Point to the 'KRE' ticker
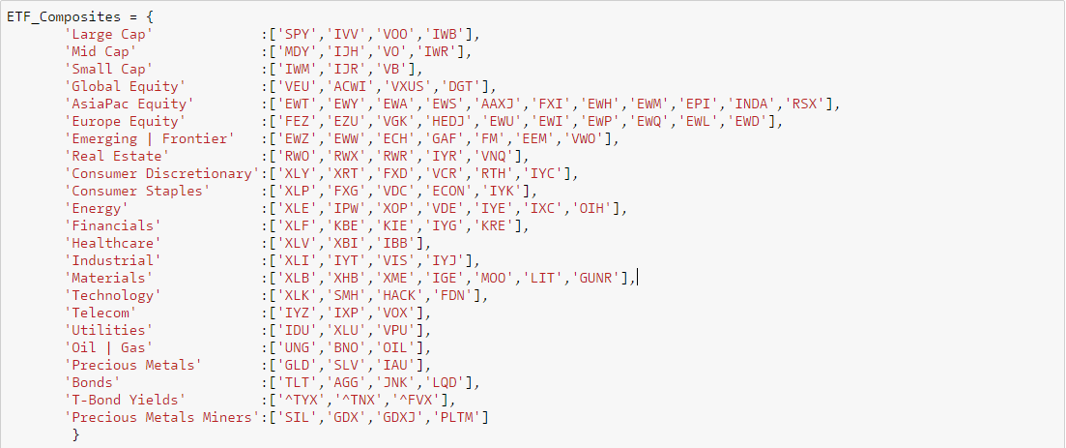tap(501, 225)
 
